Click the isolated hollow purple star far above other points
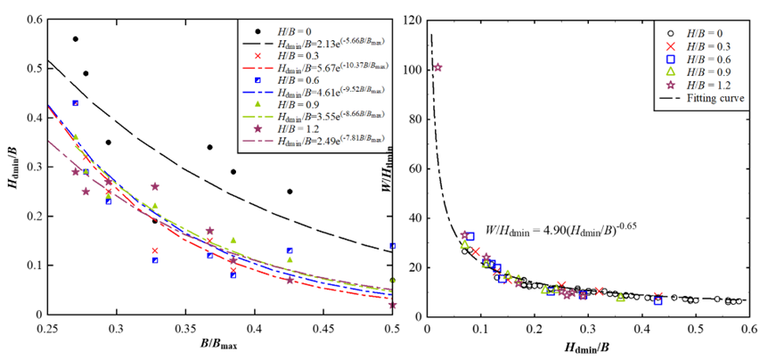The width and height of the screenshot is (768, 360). (437, 68)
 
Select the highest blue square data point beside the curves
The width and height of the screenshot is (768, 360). (75, 103)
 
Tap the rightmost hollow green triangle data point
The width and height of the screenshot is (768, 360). (620, 298)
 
